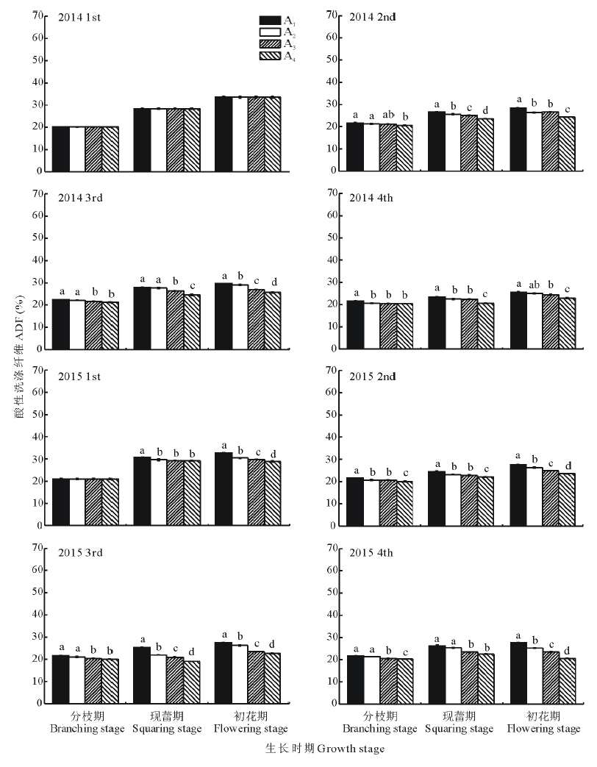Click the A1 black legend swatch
(270, 20)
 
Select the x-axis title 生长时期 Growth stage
(324, 749)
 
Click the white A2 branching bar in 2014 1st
(76, 149)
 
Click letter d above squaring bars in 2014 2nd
(485, 111)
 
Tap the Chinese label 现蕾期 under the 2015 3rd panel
(166, 716)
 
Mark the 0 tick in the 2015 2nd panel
(334, 526)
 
